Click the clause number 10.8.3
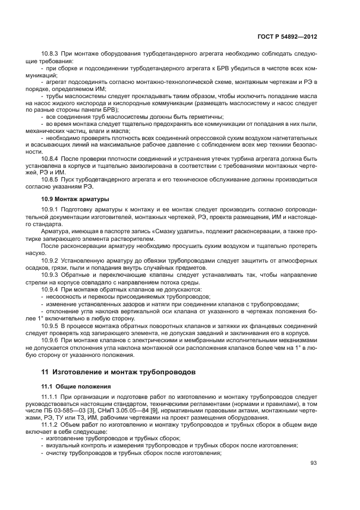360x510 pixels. pyautogui.click(x=51, y=54)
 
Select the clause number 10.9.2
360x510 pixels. pyautogui.click(x=50, y=260)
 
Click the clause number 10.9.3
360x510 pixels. pyautogui.click(x=50, y=275)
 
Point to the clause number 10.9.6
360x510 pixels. pyautogui.click(x=50, y=339)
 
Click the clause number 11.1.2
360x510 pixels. pyautogui.click(x=50, y=425)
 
